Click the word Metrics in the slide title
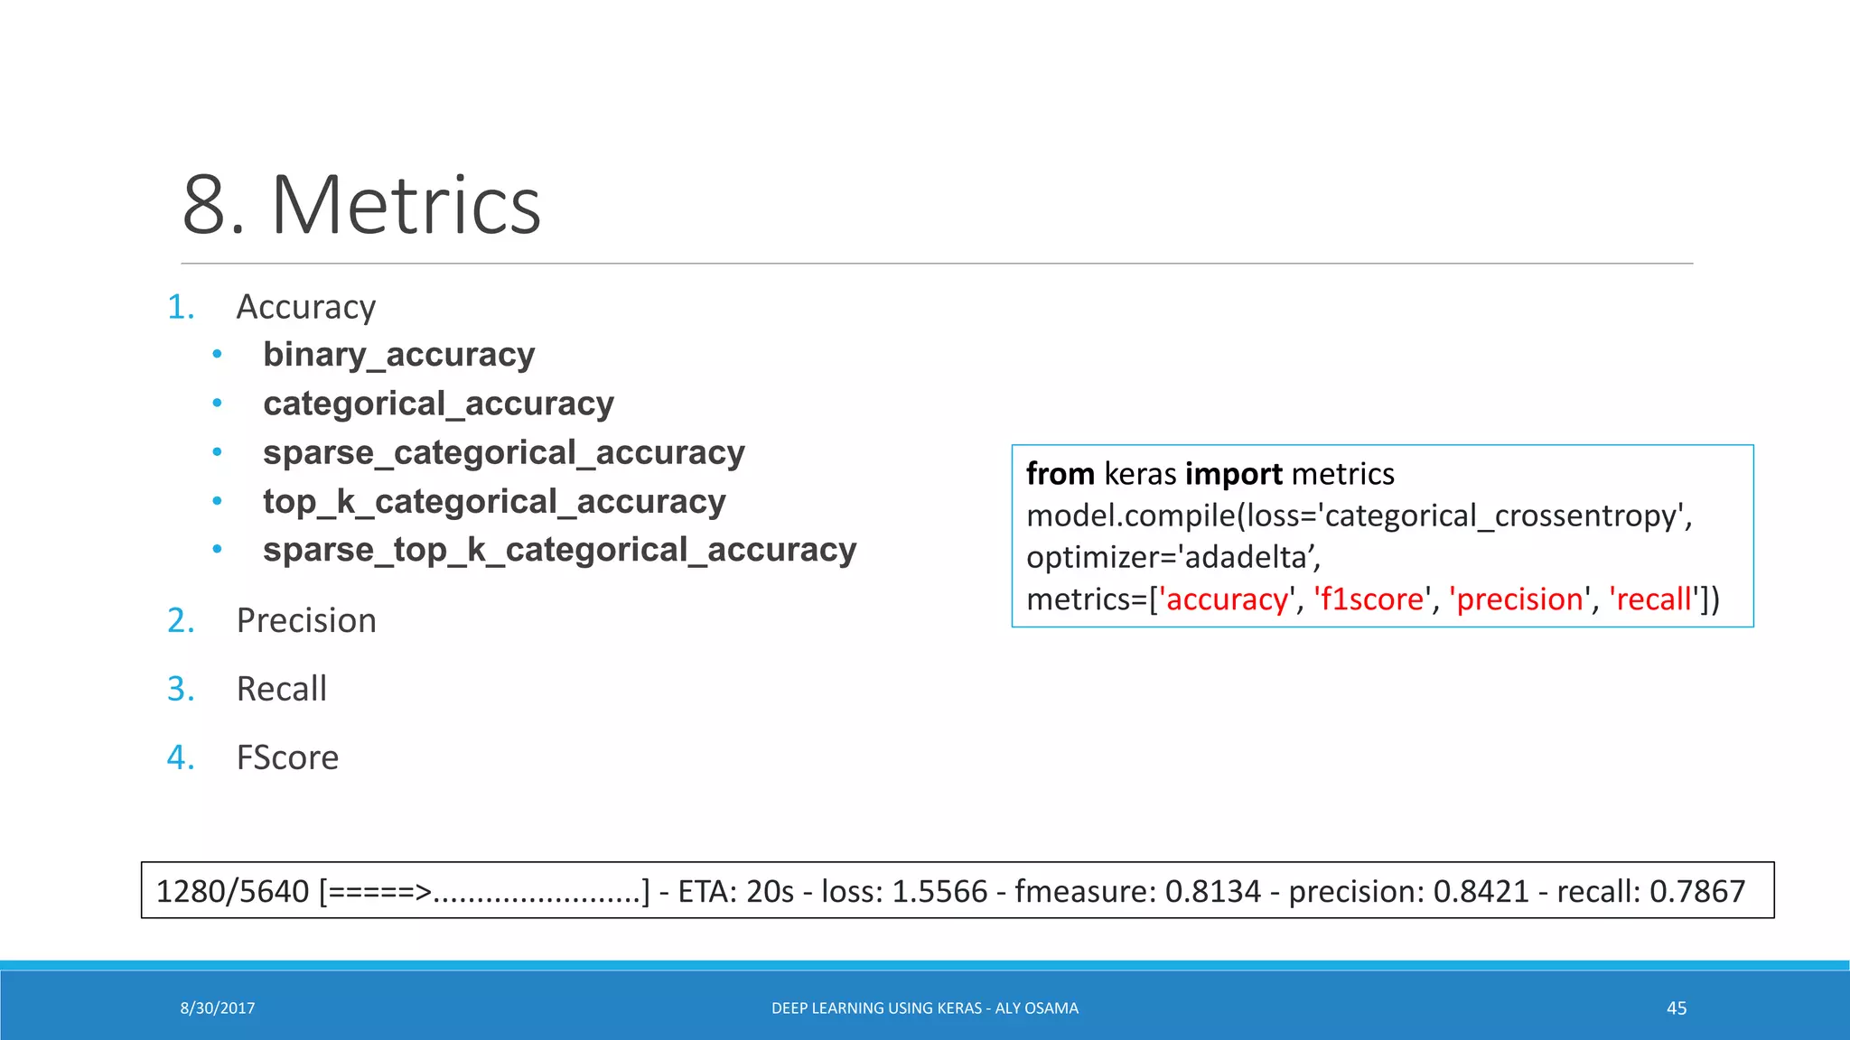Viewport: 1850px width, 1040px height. tap(406, 206)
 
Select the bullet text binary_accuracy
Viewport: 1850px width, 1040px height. tap(398, 355)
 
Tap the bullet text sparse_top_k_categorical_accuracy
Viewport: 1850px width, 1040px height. tap(559, 550)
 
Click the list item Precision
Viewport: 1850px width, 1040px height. tap(306, 621)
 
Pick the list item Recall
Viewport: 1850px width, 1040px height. tap(281, 690)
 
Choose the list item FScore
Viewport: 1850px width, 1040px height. tap(287, 758)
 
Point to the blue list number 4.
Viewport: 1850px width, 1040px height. tap(180, 757)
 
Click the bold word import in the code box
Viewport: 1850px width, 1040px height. tap(1233, 474)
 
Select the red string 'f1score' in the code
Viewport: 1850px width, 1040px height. tap(1371, 599)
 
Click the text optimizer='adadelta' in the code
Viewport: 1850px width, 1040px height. tap(1173, 558)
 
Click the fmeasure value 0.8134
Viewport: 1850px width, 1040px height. tap(1212, 892)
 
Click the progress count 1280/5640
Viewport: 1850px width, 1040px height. tap(232, 892)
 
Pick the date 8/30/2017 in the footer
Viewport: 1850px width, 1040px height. tap(217, 1008)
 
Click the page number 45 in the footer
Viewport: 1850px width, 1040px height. tap(1676, 1008)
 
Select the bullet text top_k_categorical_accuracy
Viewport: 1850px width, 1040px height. tap(494, 501)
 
